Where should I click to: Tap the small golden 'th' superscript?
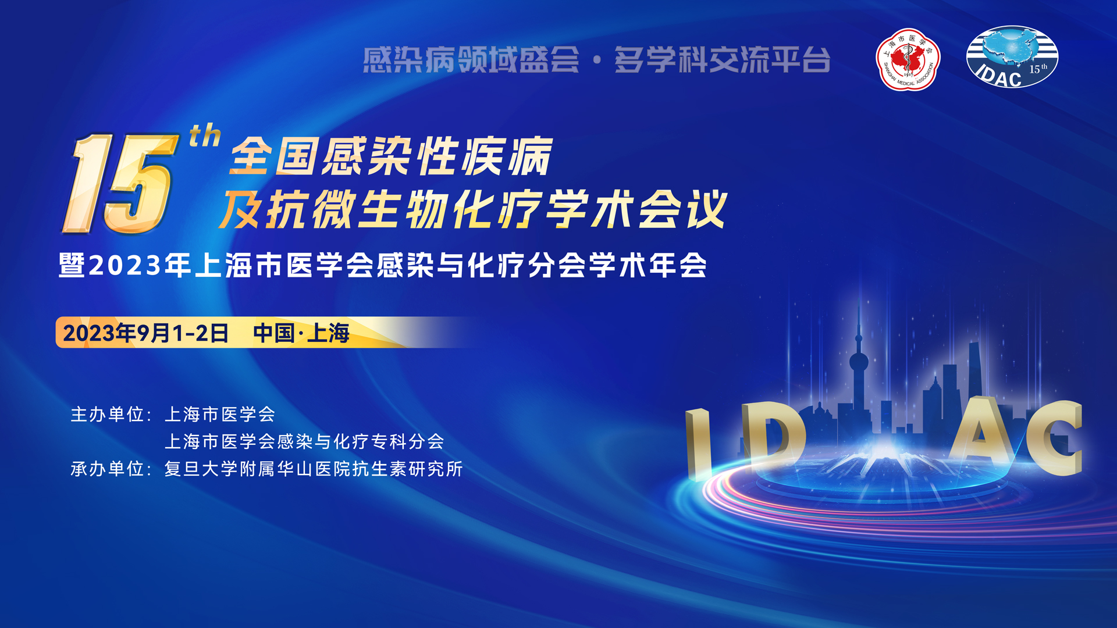pyautogui.click(x=205, y=135)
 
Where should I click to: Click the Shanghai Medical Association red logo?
pyautogui.click(x=908, y=59)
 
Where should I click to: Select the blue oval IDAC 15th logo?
pyautogui.click(x=1012, y=57)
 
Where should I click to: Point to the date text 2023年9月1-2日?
pyautogui.click(x=145, y=333)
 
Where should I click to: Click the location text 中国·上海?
pyautogui.click(x=301, y=333)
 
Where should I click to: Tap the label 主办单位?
pyautogui.click(x=108, y=415)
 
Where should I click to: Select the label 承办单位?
pyautogui.click(x=108, y=469)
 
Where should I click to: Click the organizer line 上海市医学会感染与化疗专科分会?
pyautogui.click(x=304, y=441)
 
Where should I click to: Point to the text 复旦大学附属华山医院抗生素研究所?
pyautogui.click(x=314, y=469)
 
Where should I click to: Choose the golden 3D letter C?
pyautogui.click(x=1054, y=437)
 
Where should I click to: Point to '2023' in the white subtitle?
pyautogui.click(x=125, y=266)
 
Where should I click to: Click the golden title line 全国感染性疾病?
pyautogui.click(x=391, y=156)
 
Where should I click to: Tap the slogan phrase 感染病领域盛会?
pyautogui.click(x=471, y=60)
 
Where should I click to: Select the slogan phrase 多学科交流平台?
pyautogui.click(x=723, y=60)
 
